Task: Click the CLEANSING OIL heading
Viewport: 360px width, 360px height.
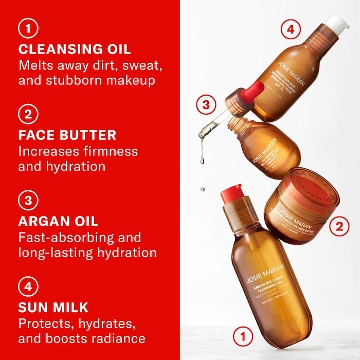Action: click(x=74, y=49)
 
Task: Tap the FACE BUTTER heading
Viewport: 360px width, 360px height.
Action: click(x=67, y=135)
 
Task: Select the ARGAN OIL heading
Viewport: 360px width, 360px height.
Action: click(x=58, y=221)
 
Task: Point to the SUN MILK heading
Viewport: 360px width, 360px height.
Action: click(x=53, y=308)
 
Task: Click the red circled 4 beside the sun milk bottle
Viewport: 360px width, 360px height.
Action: click(x=291, y=29)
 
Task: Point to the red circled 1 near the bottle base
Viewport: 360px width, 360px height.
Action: click(x=243, y=337)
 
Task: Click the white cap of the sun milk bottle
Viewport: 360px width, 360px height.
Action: click(x=337, y=22)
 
